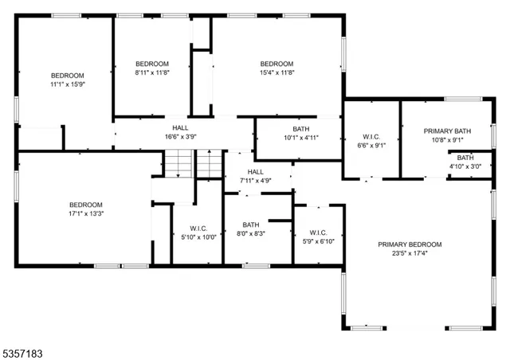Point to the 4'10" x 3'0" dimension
pos(465,166)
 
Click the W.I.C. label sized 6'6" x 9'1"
pos(371,136)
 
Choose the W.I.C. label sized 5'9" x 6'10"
pos(319,233)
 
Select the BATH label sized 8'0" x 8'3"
pos(251,225)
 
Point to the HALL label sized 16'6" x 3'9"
pos(180,127)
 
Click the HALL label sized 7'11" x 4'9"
pos(255,171)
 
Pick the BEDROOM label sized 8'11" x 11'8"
pos(151,64)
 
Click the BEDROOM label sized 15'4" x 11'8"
pos(277,64)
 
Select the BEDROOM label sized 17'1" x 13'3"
pos(85,204)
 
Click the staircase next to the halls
pos(192,163)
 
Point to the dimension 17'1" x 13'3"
pos(85,213)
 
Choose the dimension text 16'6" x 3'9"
pos(180,136)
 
